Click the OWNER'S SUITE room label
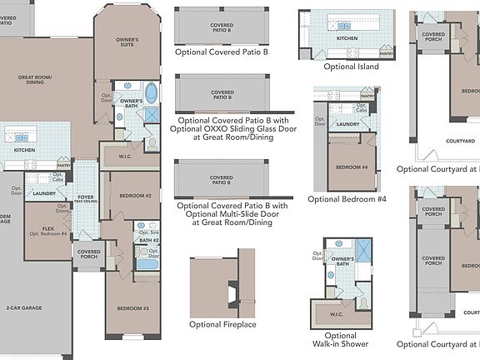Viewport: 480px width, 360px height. pos(127,42)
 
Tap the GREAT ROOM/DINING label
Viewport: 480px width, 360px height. pos(35,79)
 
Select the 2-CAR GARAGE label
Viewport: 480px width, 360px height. pos(24,307)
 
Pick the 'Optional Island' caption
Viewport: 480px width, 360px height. pos(351,67)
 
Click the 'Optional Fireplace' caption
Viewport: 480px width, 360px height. pos(222,324)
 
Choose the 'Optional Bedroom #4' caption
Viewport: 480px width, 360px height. pos(347,199)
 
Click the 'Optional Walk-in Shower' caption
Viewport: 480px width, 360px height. pos(346,339)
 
